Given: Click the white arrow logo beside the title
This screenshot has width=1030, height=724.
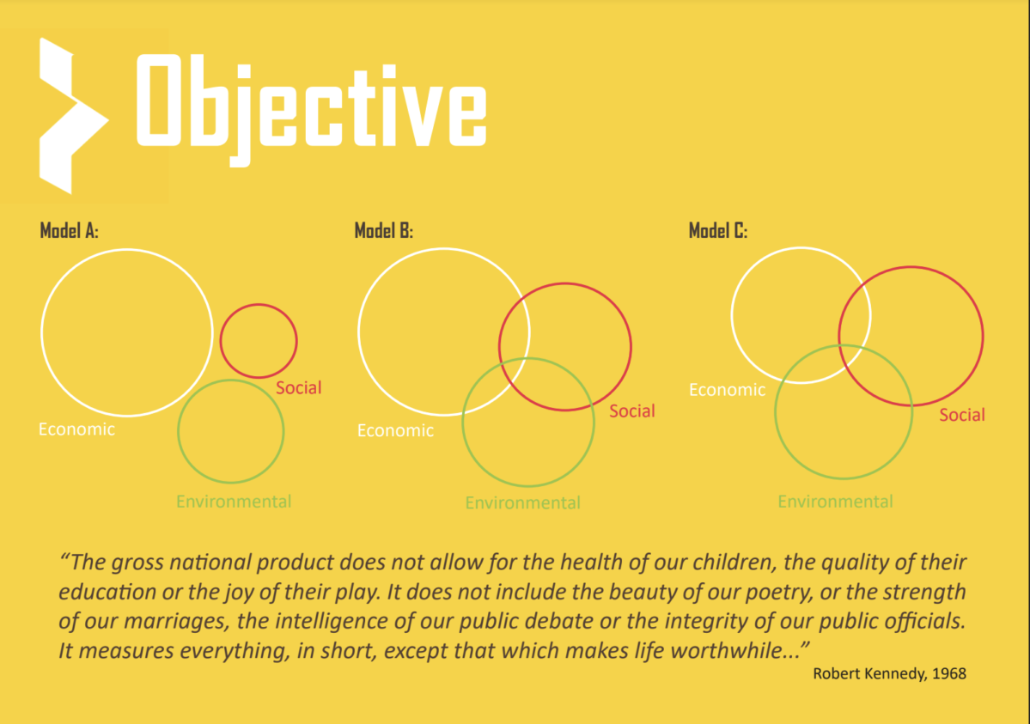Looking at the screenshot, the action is [71, 116].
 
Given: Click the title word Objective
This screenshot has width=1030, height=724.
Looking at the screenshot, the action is [311, 109].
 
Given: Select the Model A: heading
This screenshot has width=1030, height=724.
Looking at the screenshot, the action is [69, 231].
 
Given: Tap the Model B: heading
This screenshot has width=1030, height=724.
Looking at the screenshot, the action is [384, 231].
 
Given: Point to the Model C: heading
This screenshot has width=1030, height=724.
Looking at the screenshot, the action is [718, 231].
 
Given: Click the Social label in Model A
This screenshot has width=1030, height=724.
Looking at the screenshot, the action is [299, 387].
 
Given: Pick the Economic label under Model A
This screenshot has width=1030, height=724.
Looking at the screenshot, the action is [76, 429].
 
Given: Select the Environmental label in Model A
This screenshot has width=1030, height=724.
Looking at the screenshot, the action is [234, 502].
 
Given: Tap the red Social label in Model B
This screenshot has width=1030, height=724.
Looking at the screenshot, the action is [632, 411].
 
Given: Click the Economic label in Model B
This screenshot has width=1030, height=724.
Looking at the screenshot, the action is [395, 430].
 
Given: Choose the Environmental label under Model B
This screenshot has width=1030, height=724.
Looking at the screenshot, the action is [523, 502].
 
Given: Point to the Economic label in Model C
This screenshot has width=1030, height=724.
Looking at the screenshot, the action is [727, 390].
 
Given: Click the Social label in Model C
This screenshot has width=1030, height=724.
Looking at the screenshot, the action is [962, 415].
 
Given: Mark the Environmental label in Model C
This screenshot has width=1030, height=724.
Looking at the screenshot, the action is [836, 502].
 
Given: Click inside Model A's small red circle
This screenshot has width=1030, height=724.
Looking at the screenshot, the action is [259, 341].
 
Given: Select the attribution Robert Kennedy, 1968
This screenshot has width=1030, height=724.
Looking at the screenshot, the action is [889, 673].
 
